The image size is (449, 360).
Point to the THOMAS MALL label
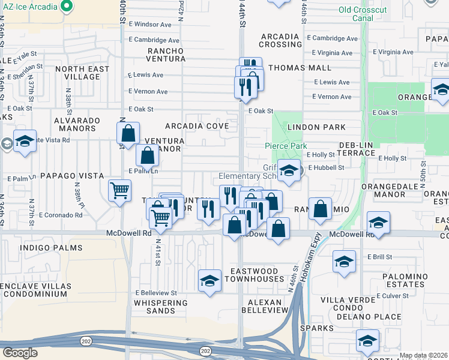[300, 68]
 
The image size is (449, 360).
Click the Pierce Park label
[286, 146]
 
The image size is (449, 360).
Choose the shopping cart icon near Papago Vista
[120, 191]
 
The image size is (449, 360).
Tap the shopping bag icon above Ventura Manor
[128, 134]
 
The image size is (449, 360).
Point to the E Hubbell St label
[325, 168]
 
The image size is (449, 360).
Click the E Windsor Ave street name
[149, 25]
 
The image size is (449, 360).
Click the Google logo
[20, 352]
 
